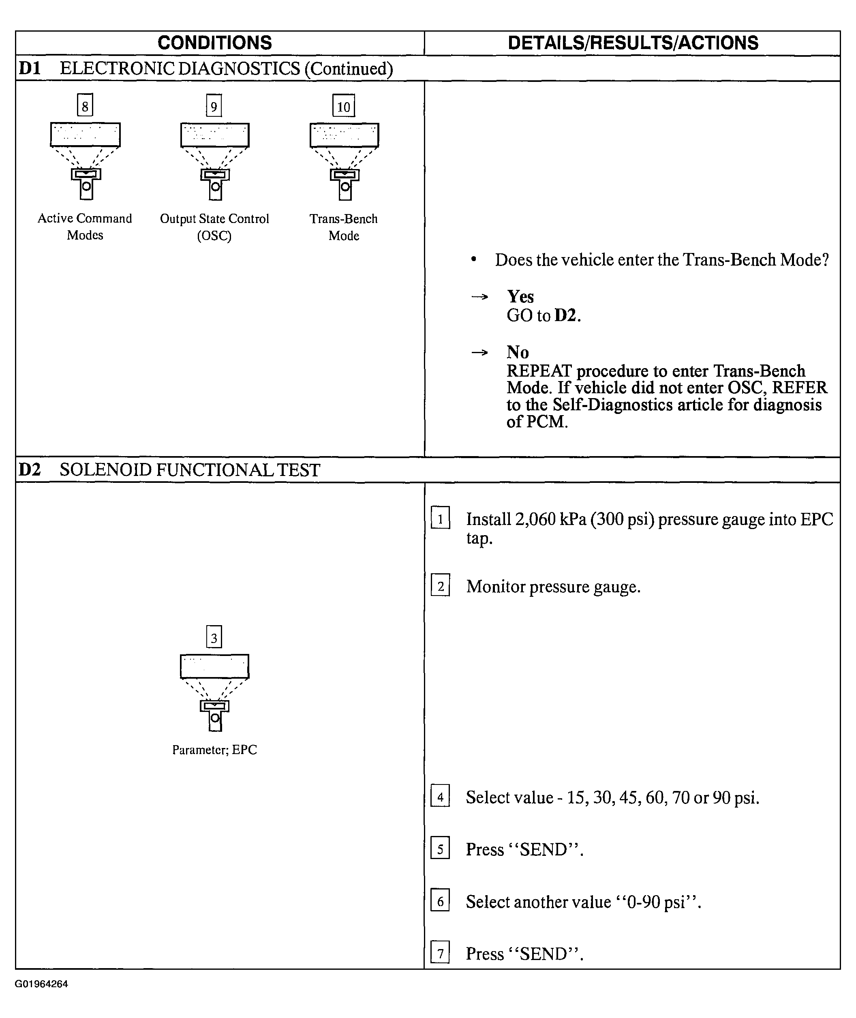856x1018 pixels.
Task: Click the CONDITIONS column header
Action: point(214,43)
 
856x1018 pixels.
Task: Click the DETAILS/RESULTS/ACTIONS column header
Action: point(633,43)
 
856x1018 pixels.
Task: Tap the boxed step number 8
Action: point(85,105)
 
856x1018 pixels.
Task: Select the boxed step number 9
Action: point(214,106)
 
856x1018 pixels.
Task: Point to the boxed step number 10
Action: point(344,106)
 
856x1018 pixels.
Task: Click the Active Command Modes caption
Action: point(85,227)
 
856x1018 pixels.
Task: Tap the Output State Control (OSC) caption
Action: point(214,227)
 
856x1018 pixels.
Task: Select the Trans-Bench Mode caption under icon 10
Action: point(344,227)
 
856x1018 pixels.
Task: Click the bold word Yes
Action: point(520,297)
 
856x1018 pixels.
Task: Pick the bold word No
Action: point(518,352)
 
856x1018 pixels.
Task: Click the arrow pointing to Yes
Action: point(479,297)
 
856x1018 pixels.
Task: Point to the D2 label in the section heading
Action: point(30,470)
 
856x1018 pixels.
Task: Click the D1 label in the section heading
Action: point(30,69)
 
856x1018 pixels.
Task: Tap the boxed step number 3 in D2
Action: point(214,637)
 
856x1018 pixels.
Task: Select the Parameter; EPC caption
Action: point(214,750)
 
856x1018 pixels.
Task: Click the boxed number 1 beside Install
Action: point(440,519)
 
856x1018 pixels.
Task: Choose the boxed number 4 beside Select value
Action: point(440,797)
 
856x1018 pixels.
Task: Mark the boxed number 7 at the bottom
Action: point(440,954)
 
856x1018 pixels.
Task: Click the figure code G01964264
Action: point(41,984)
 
